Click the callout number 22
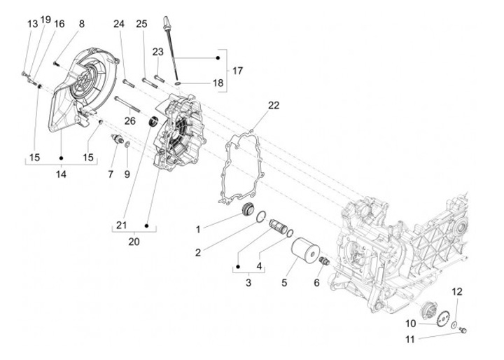point(274,105)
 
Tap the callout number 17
point(237,71)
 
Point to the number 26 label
point(130,121)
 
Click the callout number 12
point(457,291)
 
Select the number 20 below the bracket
point(134,242)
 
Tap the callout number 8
point(82,24)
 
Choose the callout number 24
point(119,24)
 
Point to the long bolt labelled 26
point(127,104)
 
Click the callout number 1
point(198,230)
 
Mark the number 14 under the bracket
point(61,174)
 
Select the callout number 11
point(409,340)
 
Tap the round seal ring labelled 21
point(153,121)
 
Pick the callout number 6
point(316,282)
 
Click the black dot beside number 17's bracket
point(218,58)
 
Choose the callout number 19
point(45,20)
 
